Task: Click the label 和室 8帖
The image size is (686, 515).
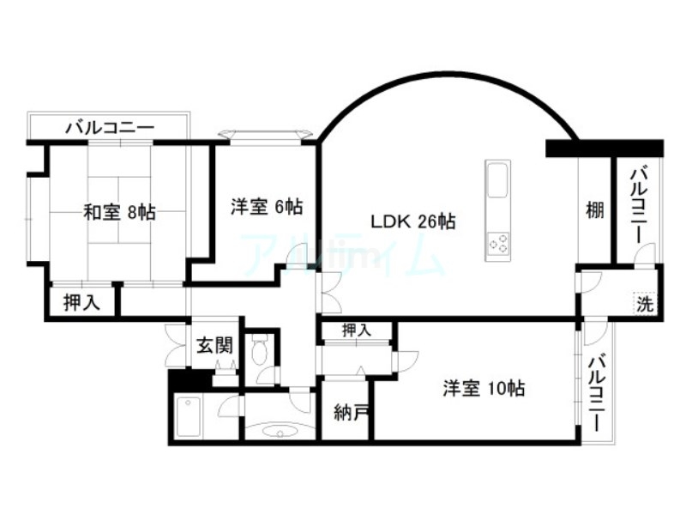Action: tap(119, 212)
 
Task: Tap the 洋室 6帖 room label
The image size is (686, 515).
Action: tap(266, 206)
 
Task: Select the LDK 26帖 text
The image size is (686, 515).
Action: tap(412, 221)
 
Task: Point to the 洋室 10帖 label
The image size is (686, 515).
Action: tap(483, 388)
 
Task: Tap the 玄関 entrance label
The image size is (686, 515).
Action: tap(214, 345)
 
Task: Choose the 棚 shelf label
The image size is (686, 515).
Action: tap(594, 210)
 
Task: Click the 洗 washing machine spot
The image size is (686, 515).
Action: tap(644, 302)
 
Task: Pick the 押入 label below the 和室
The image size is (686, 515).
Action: tap(82, 302)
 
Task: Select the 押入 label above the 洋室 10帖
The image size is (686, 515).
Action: tap(357, 330)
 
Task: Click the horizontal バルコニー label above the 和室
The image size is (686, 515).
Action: tap(110, 129)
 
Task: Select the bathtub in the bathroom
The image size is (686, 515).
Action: tap(188, 417)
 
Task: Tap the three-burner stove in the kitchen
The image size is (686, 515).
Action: tap(498, 245)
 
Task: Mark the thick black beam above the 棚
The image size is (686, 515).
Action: tap(605, 148)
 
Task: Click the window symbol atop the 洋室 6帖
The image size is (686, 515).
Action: tap(266, 134)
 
